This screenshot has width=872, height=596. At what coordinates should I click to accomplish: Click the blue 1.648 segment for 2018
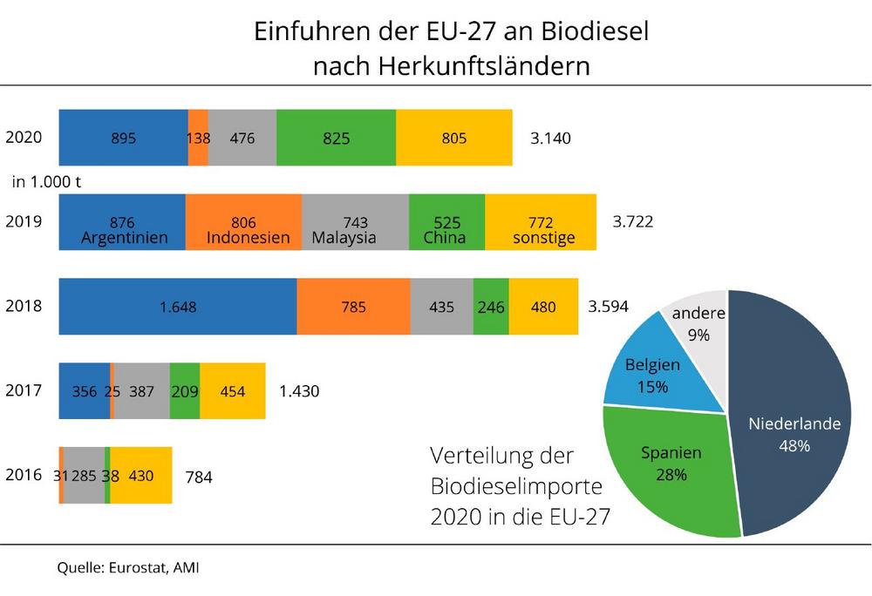pos(178,307)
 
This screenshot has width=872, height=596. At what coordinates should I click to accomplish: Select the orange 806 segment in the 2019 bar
pos(243,222)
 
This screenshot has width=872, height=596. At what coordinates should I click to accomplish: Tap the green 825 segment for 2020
pos(336,138)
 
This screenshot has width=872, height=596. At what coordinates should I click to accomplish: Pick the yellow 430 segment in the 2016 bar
pos(141,476)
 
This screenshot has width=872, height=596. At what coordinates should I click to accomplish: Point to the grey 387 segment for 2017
pos(142,391)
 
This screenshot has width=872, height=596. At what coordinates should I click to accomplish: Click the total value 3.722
pos(633,222)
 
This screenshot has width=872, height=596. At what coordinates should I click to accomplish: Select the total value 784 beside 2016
pos(199,477)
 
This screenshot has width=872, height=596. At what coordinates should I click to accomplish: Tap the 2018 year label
pos(23,306)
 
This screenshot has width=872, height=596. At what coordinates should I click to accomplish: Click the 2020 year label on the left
pos(23,137)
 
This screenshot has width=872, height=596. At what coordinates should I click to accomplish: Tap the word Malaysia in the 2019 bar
pos(344,238)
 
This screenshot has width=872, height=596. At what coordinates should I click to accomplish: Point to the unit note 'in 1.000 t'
pos(47,181)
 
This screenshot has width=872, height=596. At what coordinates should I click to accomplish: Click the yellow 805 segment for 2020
pos(454,138)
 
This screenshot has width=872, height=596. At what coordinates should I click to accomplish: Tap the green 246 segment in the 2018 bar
pos(491,307)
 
